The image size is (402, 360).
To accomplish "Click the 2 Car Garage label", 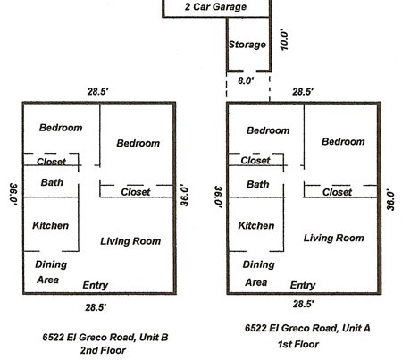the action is click(x=215, y=6).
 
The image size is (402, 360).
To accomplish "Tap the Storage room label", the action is click(x=247, y=45).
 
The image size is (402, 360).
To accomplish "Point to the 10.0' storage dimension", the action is click(x=284, y=39).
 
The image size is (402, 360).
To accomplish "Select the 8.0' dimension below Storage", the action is click(x=246, y=80).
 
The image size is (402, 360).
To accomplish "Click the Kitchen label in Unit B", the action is click(x=50, y=225).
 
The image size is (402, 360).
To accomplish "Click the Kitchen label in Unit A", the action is click(x=256, y=225).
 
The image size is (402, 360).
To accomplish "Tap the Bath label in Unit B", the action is click(x=52, y=182).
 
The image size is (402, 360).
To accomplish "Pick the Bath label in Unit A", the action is click(x=258, y=184).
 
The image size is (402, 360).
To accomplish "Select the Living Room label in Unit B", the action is click(x=130, y=241).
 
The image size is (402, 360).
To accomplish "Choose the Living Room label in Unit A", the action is click(x=334, y=238).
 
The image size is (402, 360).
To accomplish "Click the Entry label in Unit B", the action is click(x=96, y=285).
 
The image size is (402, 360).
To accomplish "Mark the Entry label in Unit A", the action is click(x=303, y=285).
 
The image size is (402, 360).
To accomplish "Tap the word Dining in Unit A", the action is click(x=258, y=264).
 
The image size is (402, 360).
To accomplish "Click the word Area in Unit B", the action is click(x=47, y=280).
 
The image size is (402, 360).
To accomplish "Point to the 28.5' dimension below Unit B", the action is click(x=96, y=307).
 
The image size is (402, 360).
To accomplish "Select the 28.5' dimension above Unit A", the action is click(x=303, y=92).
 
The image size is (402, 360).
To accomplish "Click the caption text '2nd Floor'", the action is click(x=103, y=350).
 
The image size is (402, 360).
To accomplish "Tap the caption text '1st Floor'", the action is click(x=298, y=344).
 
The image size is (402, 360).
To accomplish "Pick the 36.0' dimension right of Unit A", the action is click(x=390, y=199).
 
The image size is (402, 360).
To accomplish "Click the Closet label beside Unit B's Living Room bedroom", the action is click(x=136, y=192).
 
